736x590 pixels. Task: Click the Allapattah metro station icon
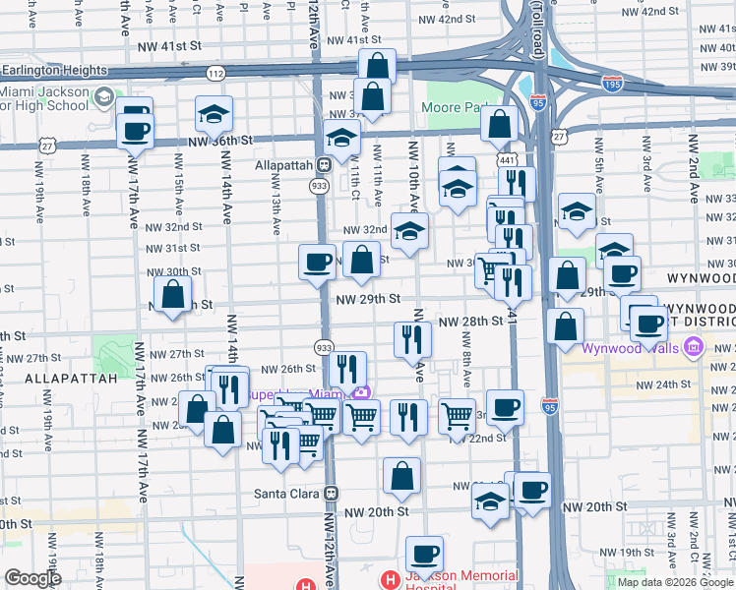coord(322,165)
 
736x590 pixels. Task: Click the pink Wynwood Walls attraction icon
coord(695,347)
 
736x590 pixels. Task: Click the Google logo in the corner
coord(32,578)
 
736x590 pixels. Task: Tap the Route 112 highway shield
coord(215,74)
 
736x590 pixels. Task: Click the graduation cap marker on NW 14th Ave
coord(214,116)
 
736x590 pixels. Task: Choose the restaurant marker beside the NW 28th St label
coord(412,340)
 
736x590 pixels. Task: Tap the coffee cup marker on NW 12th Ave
coord(317,263)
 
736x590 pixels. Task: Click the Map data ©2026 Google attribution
coord(675,582)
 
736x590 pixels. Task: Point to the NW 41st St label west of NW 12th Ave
coord(168,46)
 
